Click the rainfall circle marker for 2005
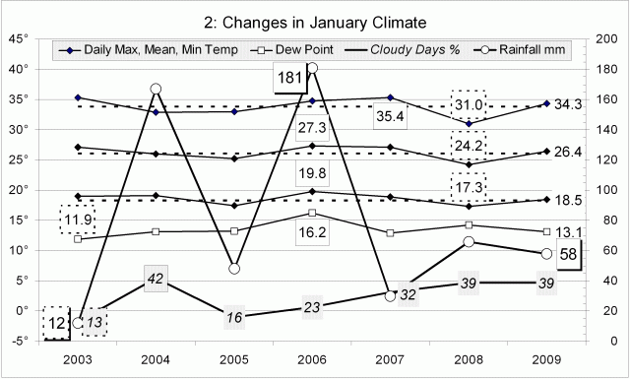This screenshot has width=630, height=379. pyautogui.click(x=233, y=268)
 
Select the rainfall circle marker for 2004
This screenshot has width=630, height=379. pyautogui.click(x=156, y=89)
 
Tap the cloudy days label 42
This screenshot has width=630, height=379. pyautogui.click(x=155, y=280)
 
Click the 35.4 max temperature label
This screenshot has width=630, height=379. pyautogui.click(x=390, y=117)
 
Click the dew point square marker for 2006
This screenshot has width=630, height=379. pyautogui.click(x=312, y=213)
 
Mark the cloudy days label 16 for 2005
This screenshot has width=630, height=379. pyautogui.click(x=233, y=318)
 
